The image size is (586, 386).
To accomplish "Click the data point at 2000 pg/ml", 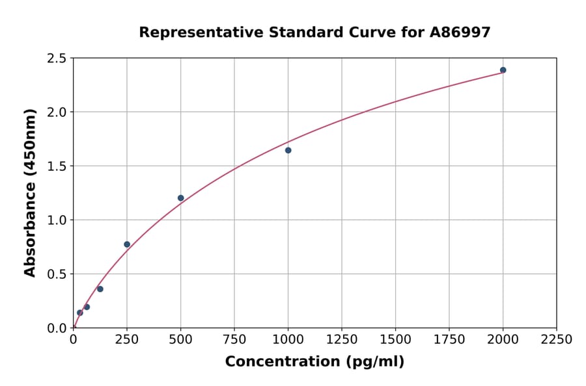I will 503,70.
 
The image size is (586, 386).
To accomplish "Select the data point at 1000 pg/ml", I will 288,150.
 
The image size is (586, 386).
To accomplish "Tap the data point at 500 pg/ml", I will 180,198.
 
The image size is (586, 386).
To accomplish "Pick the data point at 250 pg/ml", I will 127,244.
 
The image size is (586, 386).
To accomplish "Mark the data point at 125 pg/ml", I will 100,289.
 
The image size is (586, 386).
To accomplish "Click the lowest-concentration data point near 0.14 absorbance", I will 79,313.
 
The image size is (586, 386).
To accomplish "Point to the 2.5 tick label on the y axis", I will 57,58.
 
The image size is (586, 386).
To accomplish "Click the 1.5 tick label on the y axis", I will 57,166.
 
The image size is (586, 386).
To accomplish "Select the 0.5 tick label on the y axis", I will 57,274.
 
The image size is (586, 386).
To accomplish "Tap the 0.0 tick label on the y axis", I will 57,328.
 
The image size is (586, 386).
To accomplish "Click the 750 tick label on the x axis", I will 234,340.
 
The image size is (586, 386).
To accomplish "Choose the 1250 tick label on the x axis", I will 342,340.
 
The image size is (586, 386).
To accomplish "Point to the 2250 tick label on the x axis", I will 557,340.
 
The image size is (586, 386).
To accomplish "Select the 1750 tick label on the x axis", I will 449,340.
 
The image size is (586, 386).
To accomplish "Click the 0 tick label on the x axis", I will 73,340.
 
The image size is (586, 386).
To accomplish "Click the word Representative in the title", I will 193,32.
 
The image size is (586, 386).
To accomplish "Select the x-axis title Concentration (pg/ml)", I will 314,362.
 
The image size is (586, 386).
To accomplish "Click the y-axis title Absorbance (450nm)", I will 30,193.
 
